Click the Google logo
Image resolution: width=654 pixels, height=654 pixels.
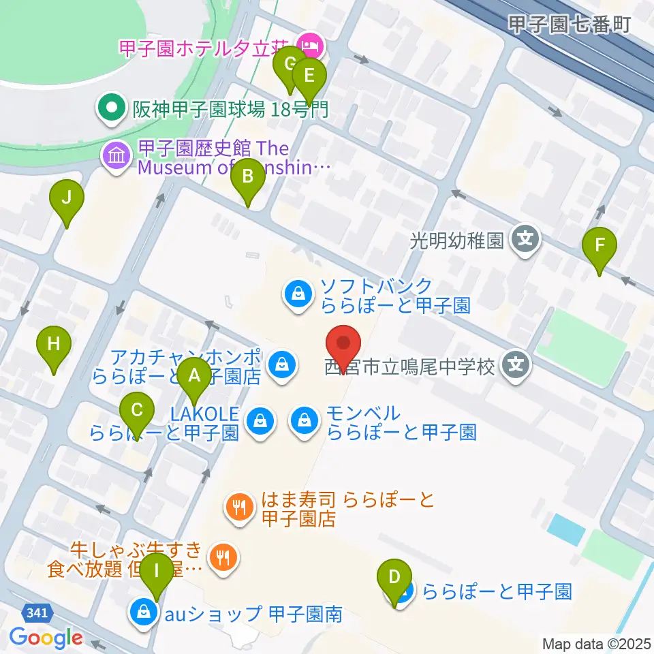46,638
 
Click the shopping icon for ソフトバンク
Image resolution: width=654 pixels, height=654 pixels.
298,294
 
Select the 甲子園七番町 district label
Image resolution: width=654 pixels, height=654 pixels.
570,24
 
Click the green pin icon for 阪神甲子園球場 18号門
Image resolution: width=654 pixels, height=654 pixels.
108,108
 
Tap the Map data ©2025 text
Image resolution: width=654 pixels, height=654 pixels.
597,643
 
